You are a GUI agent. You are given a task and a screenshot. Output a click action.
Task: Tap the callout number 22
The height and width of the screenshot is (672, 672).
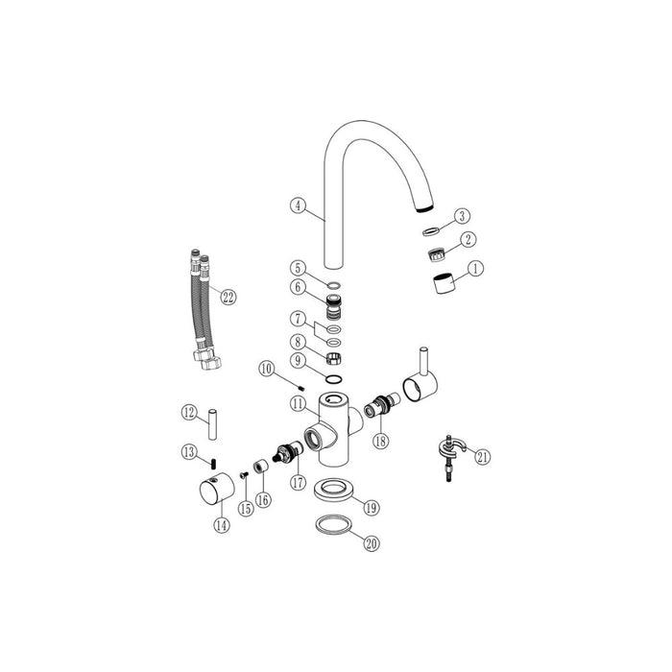click(x=228, y=297)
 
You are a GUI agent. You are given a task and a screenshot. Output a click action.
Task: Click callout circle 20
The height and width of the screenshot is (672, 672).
click(x=372, y=543)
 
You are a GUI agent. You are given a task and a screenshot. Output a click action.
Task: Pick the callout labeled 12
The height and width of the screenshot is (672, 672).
click(x=189, y=412)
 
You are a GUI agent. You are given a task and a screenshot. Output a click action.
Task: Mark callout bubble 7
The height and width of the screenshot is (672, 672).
click(x=299, y=317)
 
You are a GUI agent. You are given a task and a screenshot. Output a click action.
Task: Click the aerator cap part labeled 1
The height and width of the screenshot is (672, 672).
click(x=442, y=286)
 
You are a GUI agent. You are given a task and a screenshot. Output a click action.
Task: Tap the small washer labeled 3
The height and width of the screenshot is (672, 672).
click(x=431, y=230)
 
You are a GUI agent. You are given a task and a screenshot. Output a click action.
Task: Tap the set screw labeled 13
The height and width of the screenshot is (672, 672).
click(x=216, y=462)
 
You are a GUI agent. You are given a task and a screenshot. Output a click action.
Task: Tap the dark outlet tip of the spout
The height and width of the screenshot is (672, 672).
click(x=424, y=206)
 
